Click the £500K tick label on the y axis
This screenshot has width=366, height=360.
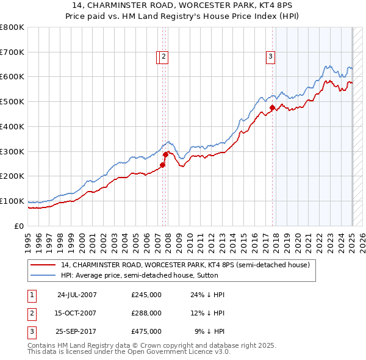(12, 101)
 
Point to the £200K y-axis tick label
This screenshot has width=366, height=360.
(12, 176)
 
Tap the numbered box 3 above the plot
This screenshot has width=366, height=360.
(270, 57)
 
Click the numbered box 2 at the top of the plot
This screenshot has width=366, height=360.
(165, 57)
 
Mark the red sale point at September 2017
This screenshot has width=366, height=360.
(272, 108)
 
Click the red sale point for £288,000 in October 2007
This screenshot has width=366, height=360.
(165, 154)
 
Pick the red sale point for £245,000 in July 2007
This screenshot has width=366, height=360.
(163, 165)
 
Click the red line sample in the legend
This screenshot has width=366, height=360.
(44, 265)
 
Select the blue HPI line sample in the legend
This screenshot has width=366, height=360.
(44, 275)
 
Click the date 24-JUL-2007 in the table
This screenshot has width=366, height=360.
(77, 295)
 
